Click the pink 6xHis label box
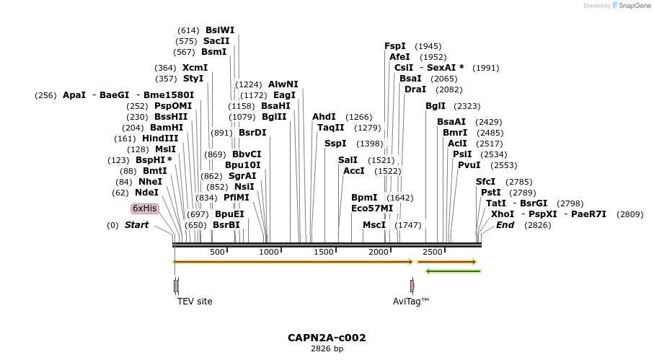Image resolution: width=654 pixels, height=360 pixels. pyautogui.click(x=144, y=208)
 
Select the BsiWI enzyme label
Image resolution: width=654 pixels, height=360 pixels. pyautogui.click(x=220, y=30)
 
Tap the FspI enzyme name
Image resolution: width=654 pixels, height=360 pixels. pyautogui.click(x=394, y=45)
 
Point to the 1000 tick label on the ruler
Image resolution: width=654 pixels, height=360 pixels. pyautogui.click(x=269, y=252)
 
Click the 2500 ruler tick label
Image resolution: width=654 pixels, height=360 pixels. pyautogui.click(x=432, y=252)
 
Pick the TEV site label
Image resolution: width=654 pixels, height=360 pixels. pyautogui.click(x=195, y=302)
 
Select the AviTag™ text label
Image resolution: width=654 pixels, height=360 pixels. pyautogui.click(x=411, y=302)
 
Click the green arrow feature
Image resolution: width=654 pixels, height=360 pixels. pyautogui.click(x=453, y=271)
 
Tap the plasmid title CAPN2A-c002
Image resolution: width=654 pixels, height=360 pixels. pyautogui.click(x=327, y=338)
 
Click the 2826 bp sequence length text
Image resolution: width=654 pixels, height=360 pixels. pyautogui.click(x=327, y=349)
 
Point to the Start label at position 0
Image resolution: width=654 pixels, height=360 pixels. pyautogui.click(x=136, y=225)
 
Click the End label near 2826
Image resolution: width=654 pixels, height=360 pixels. pyautogui.click(x=505, y=225)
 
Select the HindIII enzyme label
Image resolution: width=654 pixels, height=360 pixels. pyautogui.click(x=160, y=139)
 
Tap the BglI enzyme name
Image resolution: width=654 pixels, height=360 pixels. pyautogui.click(x=436, y=106)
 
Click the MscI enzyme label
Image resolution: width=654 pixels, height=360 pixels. pyautogui.click(x=374, y=225)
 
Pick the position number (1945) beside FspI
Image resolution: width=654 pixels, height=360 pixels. pyautogui.click(x=428, y=46)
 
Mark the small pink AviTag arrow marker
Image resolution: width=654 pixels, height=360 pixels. pyautogui.click(x=412, y=286)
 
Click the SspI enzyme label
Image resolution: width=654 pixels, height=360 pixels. pyautogui.click(x=335, y=144)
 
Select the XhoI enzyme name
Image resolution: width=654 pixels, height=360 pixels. pyautogui.click(x=503, y=214)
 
